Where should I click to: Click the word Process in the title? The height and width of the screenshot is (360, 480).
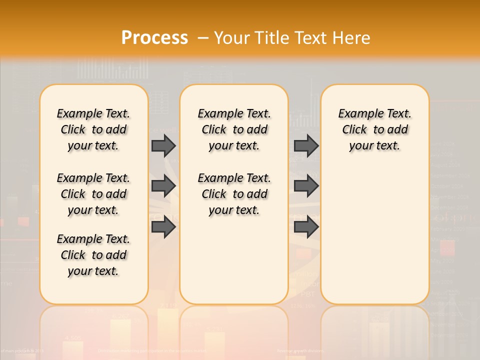tap(154, 38)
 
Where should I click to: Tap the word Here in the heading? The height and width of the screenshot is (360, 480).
tap(350, 38)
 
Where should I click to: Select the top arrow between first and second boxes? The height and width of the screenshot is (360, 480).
tap(163, 145)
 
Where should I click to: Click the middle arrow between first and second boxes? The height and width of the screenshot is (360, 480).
tap(163, 186)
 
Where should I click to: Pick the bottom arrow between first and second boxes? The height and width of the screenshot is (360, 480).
tap(163, 227)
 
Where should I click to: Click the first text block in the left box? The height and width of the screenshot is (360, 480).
tap(93, 129)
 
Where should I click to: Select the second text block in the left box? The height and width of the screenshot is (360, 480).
tap(93, 194)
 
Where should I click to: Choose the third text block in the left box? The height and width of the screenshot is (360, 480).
tap(93, 255)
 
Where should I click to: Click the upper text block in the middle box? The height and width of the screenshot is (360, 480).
tap(234, 129)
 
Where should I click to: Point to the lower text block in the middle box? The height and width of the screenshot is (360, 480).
tap(234, 194)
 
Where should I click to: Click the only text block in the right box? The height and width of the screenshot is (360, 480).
tap(374, 129)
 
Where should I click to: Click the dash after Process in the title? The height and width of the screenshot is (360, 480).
tap(203, 38)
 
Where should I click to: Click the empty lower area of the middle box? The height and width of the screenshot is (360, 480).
tap(234, 260)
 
